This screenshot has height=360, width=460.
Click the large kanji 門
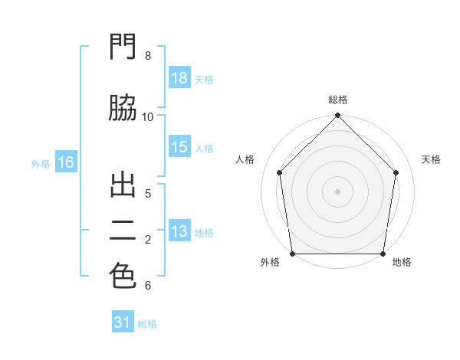pyautogui.click(x=123, y=46)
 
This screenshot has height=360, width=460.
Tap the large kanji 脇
pyautogui.click(x=123, y=107)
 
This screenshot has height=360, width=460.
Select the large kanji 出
pyautogui.click(x=123, y=185)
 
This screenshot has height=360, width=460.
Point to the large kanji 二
pyautogui.click(x=123, y=231)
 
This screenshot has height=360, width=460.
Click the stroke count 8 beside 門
pyautogui.click(x=148, y=56)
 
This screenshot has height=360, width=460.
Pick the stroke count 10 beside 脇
pyautogui.click(x=147, y=117)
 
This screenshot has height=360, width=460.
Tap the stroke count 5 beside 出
pyautogui.click(x=148, y=194)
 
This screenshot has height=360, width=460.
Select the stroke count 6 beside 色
pyautogui.click(x=148, y=286)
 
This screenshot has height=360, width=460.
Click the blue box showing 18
pyautogui.click(x=179, y=77)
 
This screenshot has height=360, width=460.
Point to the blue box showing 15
pyautogui.click(x=179, y=146)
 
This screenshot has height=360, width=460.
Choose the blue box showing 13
pyautogui.click(x=179, y=230)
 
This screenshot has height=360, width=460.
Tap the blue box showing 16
pyautogui.click(x=66, y=162)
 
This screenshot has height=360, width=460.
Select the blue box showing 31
pyautogui.click(x=123, y=321)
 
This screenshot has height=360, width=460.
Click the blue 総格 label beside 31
pyautogui.click(x=147, y=324)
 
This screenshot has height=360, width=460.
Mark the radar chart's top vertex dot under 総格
pyautogui.click(x=337, y=115)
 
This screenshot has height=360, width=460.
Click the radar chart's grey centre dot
pyautogui.click(x=337, y=191)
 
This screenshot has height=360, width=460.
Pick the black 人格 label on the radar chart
pyautogui.click(x=245, y=159)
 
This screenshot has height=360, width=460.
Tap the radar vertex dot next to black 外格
pyautogui.click(x=293, y=254)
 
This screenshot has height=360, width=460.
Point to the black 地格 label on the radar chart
pyautogui.click(x=402, y=262)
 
